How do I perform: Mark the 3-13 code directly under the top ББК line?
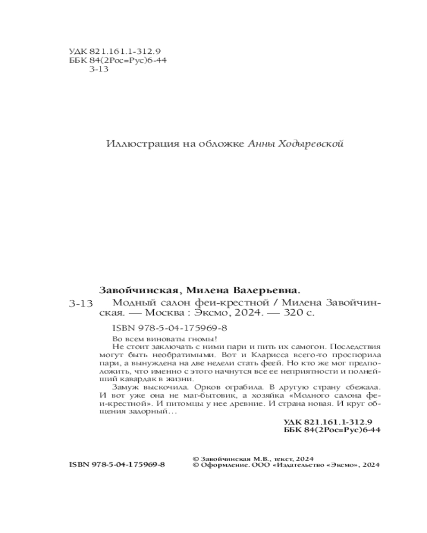98,69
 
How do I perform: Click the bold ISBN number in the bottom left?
117,465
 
